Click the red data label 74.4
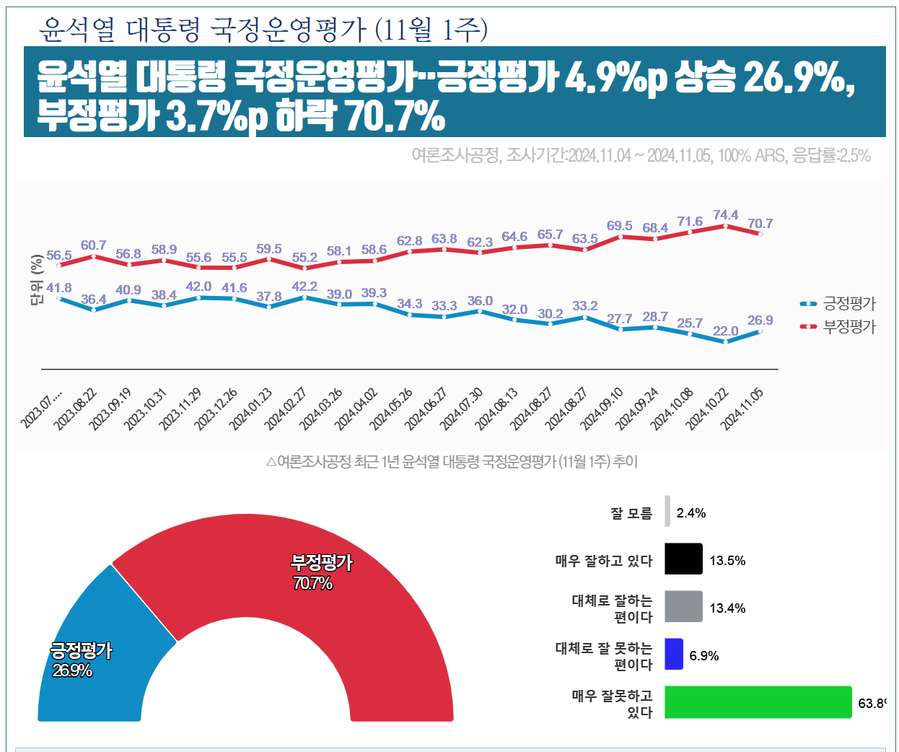tap(725, 215)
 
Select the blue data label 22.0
tap(725, 331)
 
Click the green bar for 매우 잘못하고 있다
tap(758, 702)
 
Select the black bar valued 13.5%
tap(683, 559)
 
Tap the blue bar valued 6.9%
tap(673, 654)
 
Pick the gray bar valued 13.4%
tap(683, 606)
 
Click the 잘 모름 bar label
tap(631, 513)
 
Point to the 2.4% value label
tap(691, 513)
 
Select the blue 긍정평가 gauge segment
tap(94, 650)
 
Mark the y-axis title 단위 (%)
tap(37, 280)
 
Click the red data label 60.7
tap(94, 245)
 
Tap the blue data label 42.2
tap(304, 287)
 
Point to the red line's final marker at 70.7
tap(760, 234)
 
